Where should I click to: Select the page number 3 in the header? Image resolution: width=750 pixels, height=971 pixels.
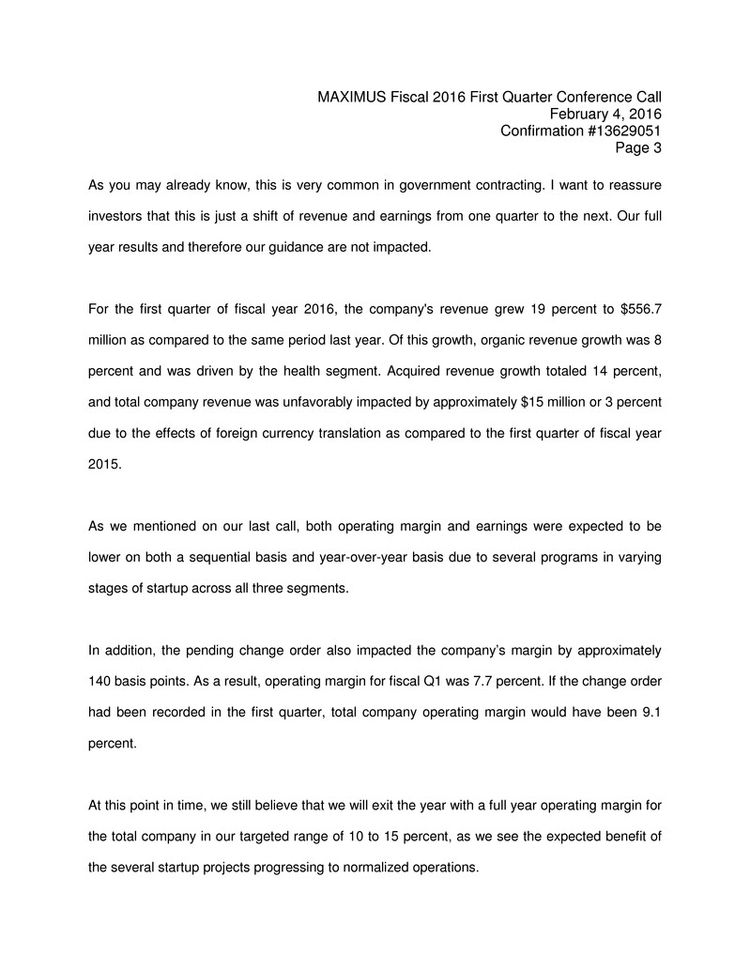coord(657,147)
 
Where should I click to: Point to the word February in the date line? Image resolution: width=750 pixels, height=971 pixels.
coord(579,114)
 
